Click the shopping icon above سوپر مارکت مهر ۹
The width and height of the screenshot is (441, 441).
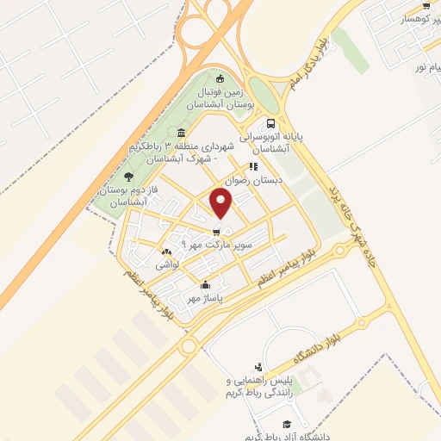(x=216, y=232)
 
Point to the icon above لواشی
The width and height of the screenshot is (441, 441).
(x=165, y=252)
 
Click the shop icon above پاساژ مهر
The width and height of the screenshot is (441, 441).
(x=205, y=286)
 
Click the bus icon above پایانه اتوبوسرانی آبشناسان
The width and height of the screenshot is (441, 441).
(x=273, y=123)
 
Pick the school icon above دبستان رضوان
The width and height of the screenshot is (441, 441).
(x=253, y=167)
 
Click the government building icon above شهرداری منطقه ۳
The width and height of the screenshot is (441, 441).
(x=180, y=133)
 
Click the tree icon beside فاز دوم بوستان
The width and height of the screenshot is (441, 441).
(x=130, y=177)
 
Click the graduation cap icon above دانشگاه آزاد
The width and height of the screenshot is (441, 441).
(x=287, y=424)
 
